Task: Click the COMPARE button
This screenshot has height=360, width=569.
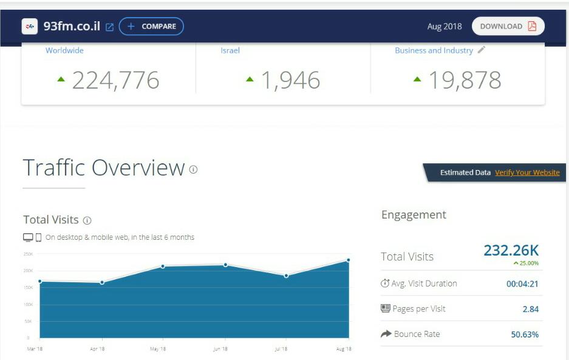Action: coord(151,27)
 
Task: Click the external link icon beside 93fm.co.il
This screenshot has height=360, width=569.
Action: coord(109,27)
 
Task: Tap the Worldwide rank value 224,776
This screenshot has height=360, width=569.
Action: coord(115,80)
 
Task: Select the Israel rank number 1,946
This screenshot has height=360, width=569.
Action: coord(290,80)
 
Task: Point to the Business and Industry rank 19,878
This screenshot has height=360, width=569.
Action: coord(465,80)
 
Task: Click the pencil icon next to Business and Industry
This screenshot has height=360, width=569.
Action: coord(482,50)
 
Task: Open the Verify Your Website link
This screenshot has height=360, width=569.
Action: coord(527,172)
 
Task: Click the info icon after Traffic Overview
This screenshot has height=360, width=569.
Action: coord(193,169)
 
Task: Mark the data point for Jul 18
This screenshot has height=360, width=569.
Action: coord(286,276)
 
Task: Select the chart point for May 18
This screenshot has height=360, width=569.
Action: coord(163,266)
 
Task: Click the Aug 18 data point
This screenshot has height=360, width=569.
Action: coord(349,260)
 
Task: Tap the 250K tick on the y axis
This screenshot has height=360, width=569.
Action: coord(29,254)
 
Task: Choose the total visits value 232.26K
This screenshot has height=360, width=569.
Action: coord(511,250)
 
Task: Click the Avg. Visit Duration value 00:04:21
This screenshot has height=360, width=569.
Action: coord(522,284)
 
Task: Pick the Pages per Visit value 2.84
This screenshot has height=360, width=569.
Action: coord(530,309)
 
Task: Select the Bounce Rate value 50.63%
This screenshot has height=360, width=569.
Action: coord(525,335)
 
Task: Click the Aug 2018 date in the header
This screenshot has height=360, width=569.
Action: coord(445,27)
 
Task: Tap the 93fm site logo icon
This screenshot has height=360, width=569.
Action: coord(29,27)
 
